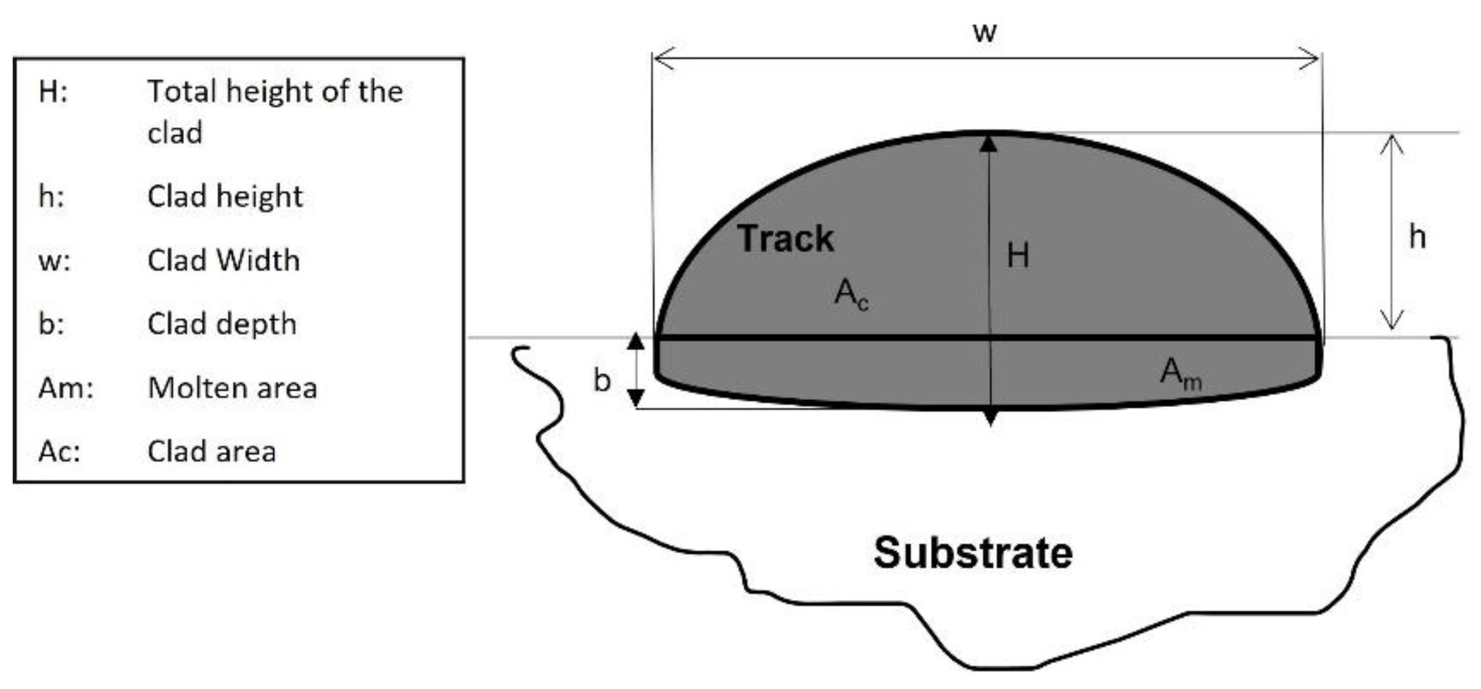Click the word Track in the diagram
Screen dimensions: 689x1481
coord(785,239)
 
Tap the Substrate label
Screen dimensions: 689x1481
coord(973,553)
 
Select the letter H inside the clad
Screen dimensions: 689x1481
coord(1017,255)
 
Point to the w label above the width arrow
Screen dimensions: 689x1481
coord(984,32)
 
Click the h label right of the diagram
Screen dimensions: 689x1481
coord(1418,236)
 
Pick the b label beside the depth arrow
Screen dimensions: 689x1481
coord(602,380)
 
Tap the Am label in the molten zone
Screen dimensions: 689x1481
coord(1180,373)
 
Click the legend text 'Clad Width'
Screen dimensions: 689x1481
coord(223,260)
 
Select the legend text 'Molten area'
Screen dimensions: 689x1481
coord(232,387)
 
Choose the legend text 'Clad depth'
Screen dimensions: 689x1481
coord(222,324)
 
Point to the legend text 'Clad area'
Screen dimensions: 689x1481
coord(212,451)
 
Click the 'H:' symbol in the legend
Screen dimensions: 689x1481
coord(53,91)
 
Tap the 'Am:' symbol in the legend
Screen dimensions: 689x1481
coord(65,387)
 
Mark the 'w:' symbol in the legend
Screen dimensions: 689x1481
coord(55,260)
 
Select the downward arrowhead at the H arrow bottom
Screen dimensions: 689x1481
coord(990,418)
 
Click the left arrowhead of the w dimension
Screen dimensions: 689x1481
coord(663,58)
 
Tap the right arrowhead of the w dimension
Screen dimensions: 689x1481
coord(1310,58)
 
